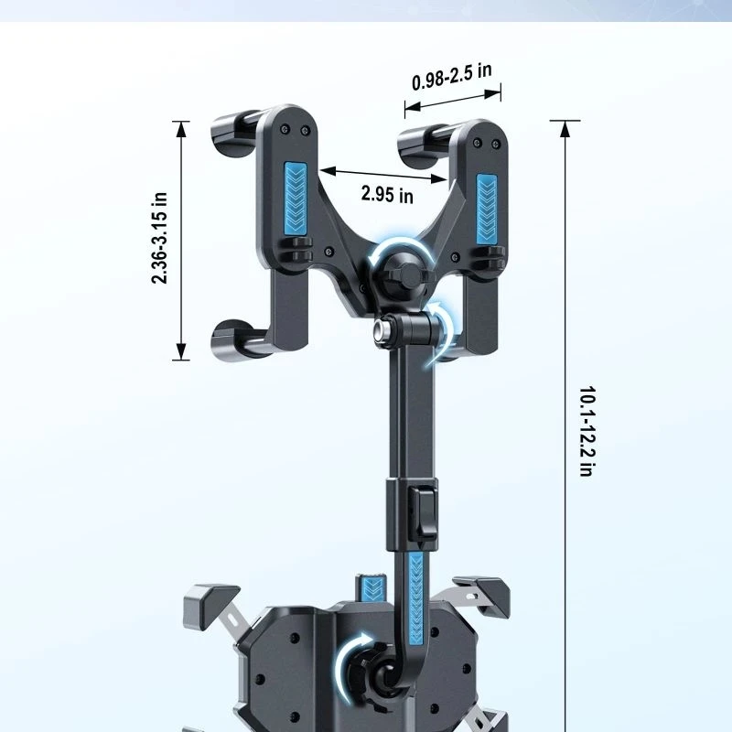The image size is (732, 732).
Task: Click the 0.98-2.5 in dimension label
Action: [x=451, y=77]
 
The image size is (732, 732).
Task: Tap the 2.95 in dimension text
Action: [x=387, y=194]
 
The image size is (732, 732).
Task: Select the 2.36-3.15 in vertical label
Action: [x=159, y=238]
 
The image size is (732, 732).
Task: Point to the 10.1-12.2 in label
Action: [x=587, y=431]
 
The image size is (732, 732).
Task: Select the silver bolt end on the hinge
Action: [x=382, y=328]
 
